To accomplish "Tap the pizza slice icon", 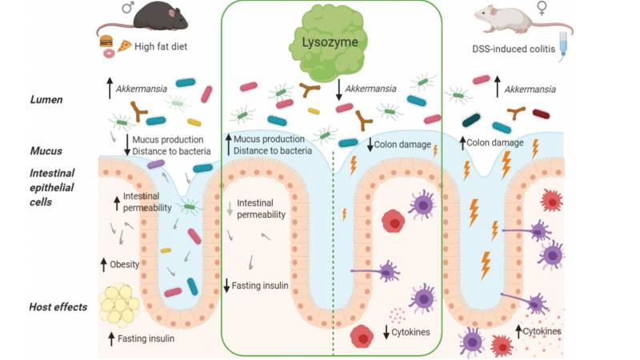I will (x=125, y=46).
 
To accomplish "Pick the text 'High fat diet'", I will (x=162, y=47).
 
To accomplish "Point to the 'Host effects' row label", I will (x=58, y=307).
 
